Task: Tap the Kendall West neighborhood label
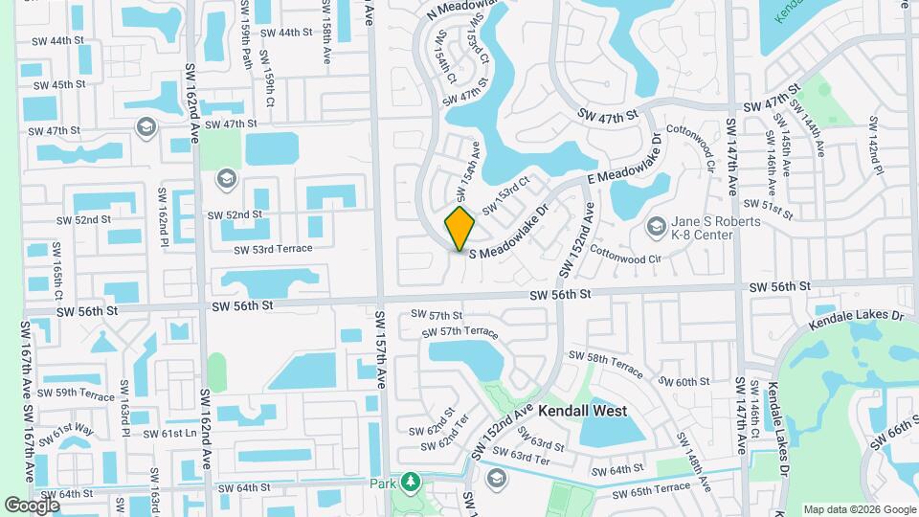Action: coord(582,411)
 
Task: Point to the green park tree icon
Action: coord(411,482)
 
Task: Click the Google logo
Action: coord(32,505)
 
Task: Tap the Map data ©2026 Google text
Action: coord(859,509)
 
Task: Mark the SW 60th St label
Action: coord(678,381)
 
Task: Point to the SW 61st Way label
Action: coord(72,435)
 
